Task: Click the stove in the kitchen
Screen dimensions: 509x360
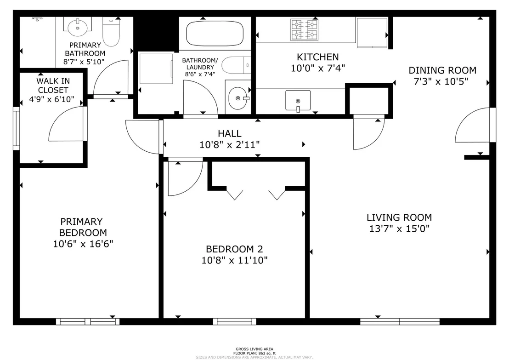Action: [304, 30]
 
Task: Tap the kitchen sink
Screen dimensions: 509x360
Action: [298, 101]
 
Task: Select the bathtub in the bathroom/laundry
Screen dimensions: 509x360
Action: [215, 34]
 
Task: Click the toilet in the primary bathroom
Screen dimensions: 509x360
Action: [111, 32]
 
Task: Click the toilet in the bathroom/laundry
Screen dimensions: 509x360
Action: [236, 65]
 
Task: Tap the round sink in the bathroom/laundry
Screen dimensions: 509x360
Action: [238, 98]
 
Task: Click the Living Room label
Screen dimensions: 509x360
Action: [399, 217]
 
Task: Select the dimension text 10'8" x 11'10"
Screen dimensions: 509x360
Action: [234, 260]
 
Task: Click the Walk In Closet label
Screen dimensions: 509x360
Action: [53, 86]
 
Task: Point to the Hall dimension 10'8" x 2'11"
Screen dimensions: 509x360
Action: [230, 144]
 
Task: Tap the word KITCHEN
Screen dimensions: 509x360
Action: [318, 57]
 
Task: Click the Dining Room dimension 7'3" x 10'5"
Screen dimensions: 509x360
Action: [441, 81]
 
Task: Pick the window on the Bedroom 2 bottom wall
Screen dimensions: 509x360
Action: [235, 322]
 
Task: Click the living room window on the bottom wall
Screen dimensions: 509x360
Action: [400, 322]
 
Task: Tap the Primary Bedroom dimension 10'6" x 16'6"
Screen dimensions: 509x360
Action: [83, 244]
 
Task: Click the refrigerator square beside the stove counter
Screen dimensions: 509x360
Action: [373, 33]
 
